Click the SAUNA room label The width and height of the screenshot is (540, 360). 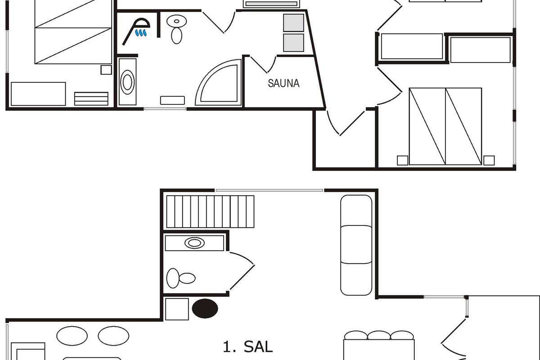pyautogui.click(x=283, y=83)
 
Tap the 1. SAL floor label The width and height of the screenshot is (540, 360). pyautogui.click(x=247, y=347)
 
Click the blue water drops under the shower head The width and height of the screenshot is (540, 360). pyautogui.click(x=141, y=33)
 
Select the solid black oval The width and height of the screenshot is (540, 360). pyautogui.click(x=205, y=308)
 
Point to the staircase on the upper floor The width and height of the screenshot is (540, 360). pyautogui.click(x=210, y=211)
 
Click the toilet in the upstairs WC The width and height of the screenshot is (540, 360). pyautogui.click(x=181, y=278)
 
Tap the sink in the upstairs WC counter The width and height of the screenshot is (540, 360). pyautogui.click(x=194, y=243)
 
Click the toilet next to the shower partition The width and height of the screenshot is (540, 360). pyautogui.click(x=176, y=29)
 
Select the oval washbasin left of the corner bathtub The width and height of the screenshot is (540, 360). pyautogui.click(x=127, y=82)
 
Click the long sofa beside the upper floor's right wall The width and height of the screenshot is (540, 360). pyautogui.click(x=356, y=245)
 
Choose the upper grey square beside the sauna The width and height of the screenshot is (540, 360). pyautogui.click(x=293, y=23)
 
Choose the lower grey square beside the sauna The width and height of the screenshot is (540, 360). pyautogui.click(x=293, y=43)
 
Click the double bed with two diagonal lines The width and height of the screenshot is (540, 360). pyautogui.click(x=445, y=126)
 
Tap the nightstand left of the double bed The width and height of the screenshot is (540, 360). pyautogui.click(x=403, y=160)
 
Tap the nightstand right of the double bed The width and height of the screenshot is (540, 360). pyautogui.click(x=489, y=160)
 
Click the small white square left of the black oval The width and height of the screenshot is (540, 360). pyautogui.click(x=177, y=309)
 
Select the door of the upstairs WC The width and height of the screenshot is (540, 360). pyautogui.click(x=242, y=270)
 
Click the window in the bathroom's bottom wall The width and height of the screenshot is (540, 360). pyautogui.click(x=165, y=109)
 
